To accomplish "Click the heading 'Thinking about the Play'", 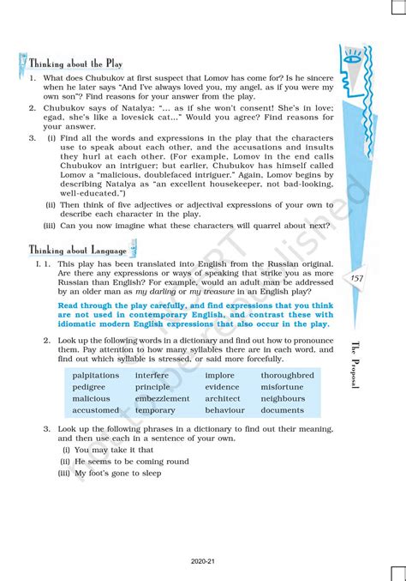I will point(75,64).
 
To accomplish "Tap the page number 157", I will point(357,279).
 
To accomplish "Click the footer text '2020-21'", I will point(203,563).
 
